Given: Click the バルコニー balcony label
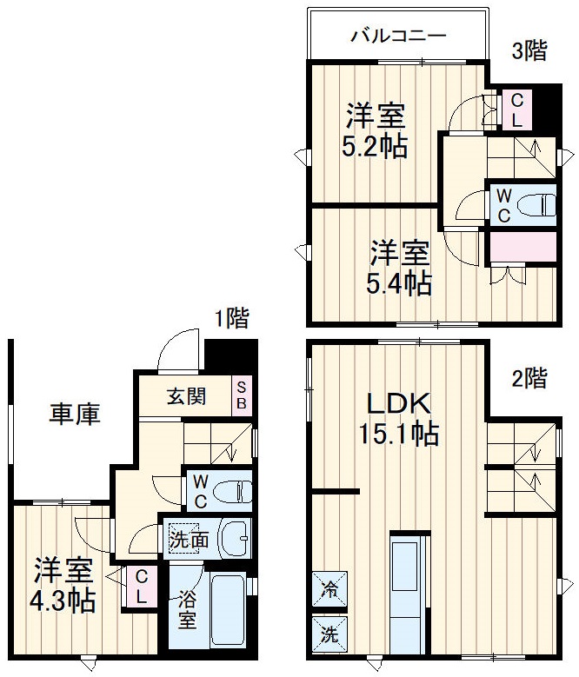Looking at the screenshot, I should (398, 36).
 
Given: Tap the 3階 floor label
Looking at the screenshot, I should (529, 51).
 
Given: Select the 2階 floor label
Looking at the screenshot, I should (529, 378).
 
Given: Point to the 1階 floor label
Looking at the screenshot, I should (231, 319).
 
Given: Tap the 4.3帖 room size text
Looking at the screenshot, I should (65, 601).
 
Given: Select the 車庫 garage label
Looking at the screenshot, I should (75, 415).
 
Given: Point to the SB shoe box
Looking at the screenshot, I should (242, 396).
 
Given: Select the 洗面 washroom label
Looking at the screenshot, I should (189, 539).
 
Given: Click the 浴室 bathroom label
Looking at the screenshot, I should (187, 609).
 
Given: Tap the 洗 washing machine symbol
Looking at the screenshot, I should (329, 633).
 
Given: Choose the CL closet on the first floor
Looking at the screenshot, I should (142, 587).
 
